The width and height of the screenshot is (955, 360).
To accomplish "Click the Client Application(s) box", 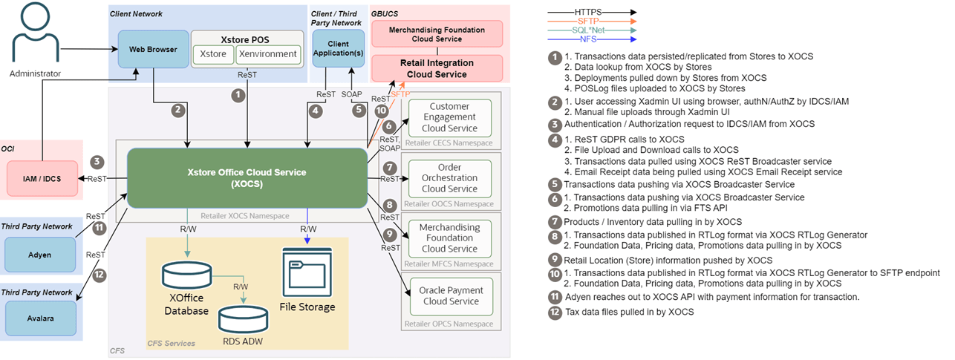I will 338,49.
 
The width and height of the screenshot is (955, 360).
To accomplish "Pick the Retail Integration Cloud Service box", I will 437,68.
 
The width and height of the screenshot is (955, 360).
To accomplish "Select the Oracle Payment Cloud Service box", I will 450,295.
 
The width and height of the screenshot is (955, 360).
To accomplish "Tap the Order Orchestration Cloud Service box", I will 450,178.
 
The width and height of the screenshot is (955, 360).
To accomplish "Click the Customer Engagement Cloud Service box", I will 450,118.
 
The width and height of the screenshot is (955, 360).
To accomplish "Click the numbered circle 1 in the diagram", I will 238,95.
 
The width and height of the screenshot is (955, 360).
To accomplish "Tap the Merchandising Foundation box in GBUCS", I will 437,34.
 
